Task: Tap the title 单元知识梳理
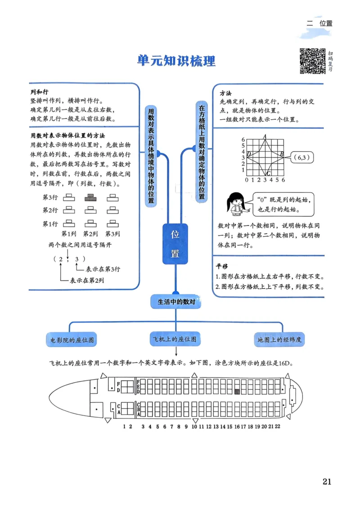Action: [x=176, y=61]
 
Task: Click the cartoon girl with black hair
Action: [x=234, y=205]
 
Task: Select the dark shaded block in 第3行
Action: [x=90, y=197]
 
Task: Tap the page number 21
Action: [x=327, y=481]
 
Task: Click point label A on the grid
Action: [x=265, y=136]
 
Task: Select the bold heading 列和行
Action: [x=39, y=91]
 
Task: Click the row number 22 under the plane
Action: [x=278, y=426]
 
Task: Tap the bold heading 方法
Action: [x=225, y=93]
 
